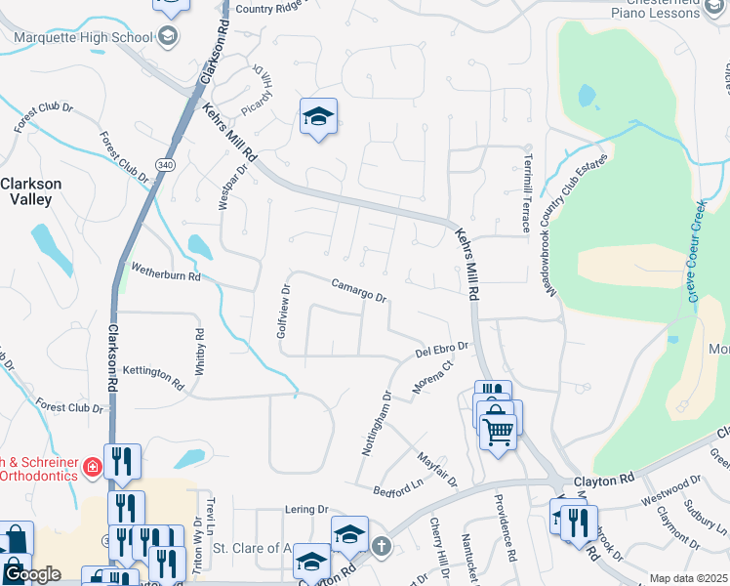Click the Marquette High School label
82,38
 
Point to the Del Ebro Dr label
442,349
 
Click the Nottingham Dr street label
376,425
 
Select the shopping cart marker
498,431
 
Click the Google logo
31,575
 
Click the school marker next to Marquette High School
168,38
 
